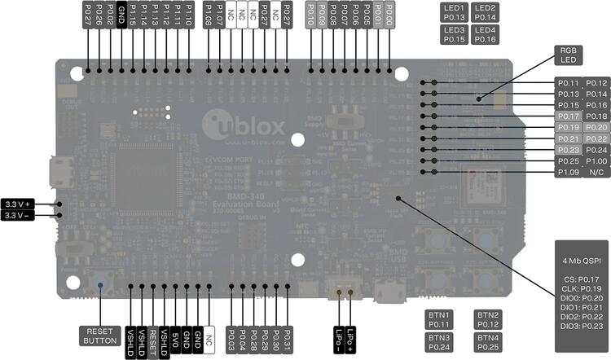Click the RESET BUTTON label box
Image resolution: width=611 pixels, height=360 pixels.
pyautogui.click(x=100, y=336)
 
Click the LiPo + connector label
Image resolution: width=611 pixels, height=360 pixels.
pyautogui.click(x=351, y=335)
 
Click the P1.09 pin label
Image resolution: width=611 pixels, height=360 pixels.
pyautogui.click(x=568, y=173)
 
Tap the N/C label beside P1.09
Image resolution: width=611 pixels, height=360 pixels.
pyautogui.click(x=596, y=173)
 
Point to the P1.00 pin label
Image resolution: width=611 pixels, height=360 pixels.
pyautogui.click(x=596, y=161)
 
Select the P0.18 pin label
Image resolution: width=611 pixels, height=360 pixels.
pyautogui.click(x=596, y=116)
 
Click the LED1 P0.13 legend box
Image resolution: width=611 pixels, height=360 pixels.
pyautogui.click(x=454, y=11)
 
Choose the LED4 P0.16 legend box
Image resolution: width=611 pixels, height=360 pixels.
pyautogui.click(x=486, y=34)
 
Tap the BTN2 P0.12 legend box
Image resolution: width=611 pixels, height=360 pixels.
pyautogui.click(x=487, y=319)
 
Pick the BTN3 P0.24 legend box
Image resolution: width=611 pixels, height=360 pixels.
pyautogui.click(x=440, y=342)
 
